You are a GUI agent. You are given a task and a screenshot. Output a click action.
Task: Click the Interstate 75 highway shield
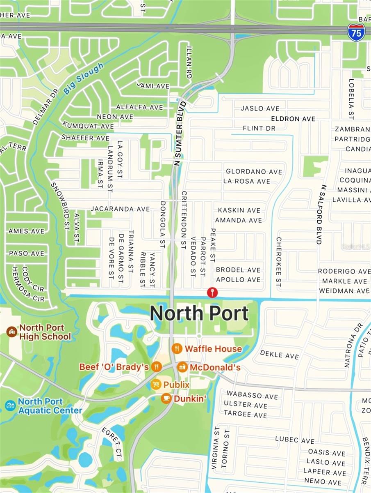356,32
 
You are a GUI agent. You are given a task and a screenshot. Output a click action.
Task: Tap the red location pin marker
212,292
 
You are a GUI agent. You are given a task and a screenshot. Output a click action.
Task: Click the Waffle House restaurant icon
177,348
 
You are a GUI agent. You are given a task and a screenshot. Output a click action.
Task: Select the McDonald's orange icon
182,367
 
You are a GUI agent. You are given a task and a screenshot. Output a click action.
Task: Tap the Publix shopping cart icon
156,385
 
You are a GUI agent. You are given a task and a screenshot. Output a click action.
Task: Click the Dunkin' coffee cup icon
166,398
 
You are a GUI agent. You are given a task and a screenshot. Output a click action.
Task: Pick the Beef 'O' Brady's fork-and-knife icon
156,366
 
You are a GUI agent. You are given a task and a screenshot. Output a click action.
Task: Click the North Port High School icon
11,332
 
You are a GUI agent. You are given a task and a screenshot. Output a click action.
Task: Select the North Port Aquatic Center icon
10,405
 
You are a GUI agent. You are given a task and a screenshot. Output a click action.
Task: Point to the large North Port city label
199,313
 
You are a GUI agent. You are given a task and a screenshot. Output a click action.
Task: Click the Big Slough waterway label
84,79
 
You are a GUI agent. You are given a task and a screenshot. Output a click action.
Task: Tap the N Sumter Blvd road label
180,134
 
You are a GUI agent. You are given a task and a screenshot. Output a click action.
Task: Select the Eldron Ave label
293,119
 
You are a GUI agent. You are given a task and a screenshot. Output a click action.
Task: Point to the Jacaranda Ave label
120,209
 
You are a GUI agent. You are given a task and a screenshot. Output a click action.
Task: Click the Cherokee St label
278,262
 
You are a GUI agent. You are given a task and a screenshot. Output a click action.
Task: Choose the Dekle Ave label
280,355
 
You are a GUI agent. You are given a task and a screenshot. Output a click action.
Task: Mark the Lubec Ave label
295,440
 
